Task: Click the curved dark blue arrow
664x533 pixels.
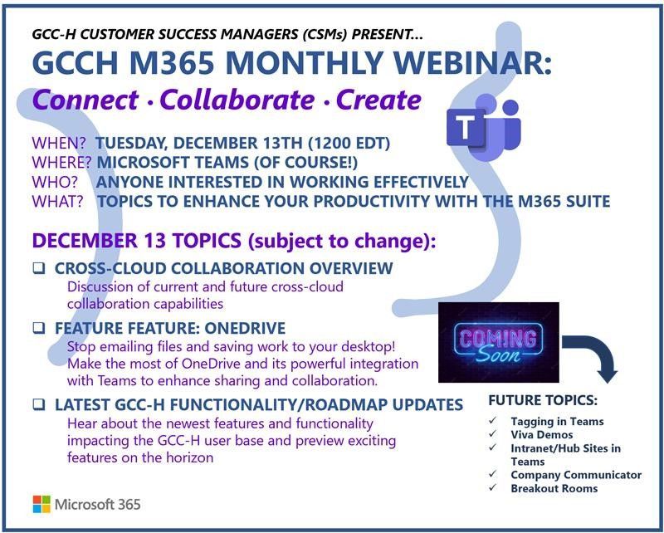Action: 595,355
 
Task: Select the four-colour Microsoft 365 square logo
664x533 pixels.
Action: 41,504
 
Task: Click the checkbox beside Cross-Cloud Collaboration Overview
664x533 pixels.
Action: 38,269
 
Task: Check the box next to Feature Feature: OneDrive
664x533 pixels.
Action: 38,328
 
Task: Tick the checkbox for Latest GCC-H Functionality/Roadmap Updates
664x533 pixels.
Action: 38,405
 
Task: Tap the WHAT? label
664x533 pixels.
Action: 57,201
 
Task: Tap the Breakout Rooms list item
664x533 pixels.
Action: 554,488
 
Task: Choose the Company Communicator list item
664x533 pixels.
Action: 575,475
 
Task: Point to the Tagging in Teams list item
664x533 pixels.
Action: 557,421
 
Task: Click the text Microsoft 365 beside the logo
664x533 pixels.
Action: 97,504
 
